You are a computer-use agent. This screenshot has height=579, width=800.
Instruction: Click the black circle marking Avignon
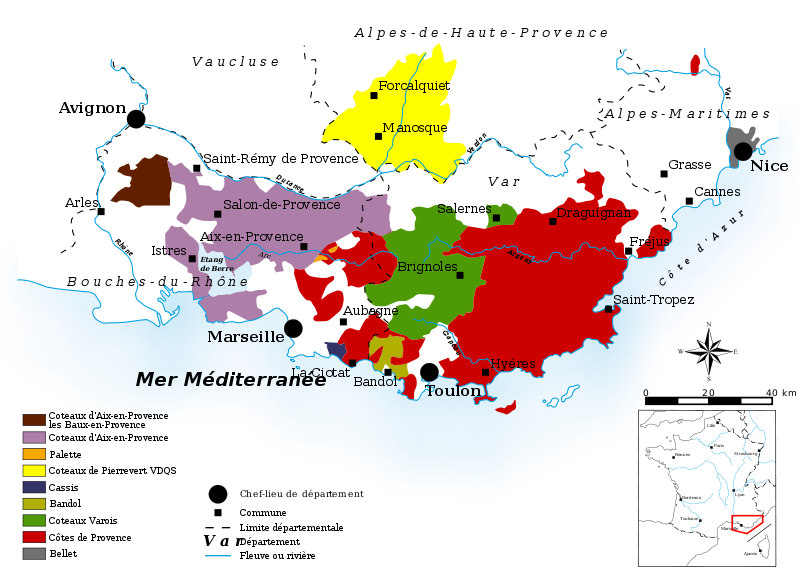click(x=136, y=119)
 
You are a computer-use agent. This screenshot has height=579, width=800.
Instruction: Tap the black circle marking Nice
click(x=743, y=152)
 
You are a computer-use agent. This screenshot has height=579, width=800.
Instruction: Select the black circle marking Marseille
click(x=293, y=328)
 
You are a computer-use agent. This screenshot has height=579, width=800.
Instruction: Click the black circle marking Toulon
click(x=430, y=372)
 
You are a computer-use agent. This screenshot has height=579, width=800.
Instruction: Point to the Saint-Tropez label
click(x=653, y=299)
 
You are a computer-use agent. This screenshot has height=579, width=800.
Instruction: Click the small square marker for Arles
click(x=101, y=211)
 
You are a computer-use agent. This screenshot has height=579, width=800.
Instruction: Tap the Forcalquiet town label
click(x=414, y=86)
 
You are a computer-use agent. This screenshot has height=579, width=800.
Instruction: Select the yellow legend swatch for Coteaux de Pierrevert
click(x=34, y=470)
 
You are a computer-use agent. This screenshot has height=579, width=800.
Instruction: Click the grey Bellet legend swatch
click(x=34, y=553)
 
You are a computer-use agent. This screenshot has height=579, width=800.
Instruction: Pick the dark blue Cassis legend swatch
click(x=34, y=487)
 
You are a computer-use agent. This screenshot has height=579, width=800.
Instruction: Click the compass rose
click(x=708, y=351)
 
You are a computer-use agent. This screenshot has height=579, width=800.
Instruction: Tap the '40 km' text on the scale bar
click(x=780, y=392)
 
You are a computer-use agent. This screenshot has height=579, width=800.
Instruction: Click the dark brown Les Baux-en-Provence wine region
click(x=143, y=182)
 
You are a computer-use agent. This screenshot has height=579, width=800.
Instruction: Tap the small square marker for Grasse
click(x=663, y=174)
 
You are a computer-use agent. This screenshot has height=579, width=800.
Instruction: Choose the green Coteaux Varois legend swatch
click(x=34, y=520)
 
